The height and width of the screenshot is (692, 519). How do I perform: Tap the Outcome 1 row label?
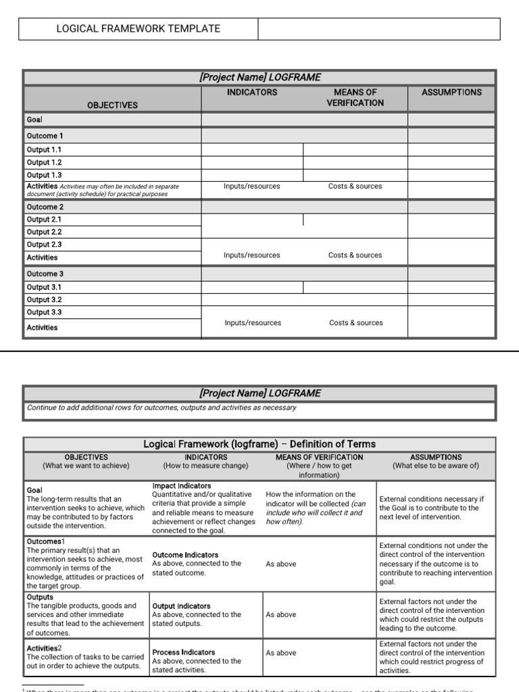point(45,136)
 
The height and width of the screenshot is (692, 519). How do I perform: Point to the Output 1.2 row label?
point(44,162)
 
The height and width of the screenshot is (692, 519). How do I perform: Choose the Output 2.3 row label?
point(44,245)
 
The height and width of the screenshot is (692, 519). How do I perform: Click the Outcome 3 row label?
point(45,274)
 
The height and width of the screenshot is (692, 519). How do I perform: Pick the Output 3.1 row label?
point(44,287)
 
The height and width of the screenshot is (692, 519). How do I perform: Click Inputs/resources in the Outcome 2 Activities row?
point(251,255)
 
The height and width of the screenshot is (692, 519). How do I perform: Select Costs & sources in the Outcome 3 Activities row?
point(355,323)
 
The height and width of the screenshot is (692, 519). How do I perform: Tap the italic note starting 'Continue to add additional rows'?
point(161,408)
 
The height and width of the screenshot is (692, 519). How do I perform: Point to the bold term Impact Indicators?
point(181,486)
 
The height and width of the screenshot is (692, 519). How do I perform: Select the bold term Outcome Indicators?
point(185,555)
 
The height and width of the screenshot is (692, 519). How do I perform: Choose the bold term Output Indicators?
point(181,606)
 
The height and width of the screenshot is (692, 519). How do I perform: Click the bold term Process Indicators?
point(183,652)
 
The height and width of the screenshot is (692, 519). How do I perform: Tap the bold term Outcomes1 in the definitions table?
point(45,541)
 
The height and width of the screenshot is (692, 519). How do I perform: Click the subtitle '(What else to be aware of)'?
point(435,466)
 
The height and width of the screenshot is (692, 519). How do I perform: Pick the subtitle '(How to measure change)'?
point(205,466)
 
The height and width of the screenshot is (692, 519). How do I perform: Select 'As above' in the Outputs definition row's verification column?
point(280,615)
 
